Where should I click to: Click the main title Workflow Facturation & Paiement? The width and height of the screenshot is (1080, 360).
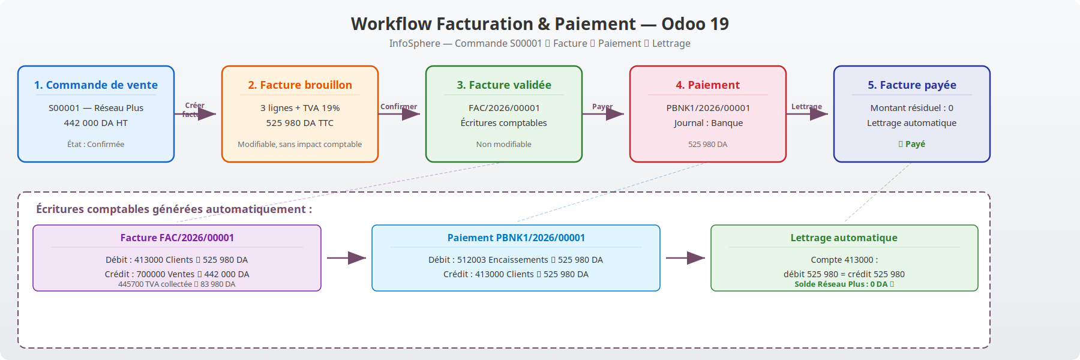pos(539,24)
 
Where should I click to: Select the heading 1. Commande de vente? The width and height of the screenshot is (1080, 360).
pos(96,85)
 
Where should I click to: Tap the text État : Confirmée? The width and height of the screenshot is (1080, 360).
pos(96,144)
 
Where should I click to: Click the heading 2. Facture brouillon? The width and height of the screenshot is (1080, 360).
pos(300,85)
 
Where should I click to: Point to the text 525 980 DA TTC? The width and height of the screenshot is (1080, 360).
pos(300,123)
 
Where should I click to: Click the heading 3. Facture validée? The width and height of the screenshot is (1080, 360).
pos(504,85)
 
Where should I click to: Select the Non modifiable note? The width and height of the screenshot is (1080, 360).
pos(504,144)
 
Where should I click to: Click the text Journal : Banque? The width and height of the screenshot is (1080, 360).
pos(708,123)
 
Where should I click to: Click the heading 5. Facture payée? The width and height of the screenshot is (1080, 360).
pos(912,85)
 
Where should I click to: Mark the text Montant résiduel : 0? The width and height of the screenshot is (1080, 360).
pos(912,108)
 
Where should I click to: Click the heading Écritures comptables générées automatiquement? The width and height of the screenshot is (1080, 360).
pos(174,209)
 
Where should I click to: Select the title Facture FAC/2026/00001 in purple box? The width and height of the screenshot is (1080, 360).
pos(177,238)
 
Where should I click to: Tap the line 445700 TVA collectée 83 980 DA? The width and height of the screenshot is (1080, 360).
pos(177,284)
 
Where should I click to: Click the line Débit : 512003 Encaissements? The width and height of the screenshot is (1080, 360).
pos(516,260)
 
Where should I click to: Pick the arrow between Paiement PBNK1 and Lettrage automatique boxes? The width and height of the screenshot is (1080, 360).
pos(685,258)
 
